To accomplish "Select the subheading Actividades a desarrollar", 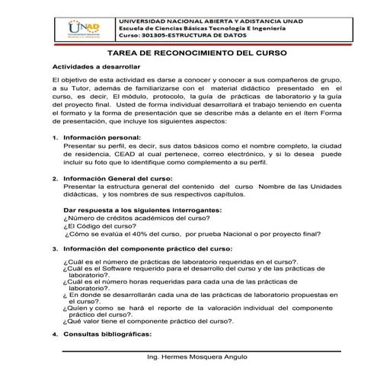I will [96, 67].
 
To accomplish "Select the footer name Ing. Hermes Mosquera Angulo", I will [197, 358].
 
